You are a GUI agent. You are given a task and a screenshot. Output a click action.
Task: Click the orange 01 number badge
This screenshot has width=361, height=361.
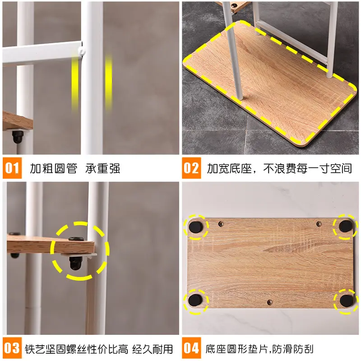click(x=12, y=168)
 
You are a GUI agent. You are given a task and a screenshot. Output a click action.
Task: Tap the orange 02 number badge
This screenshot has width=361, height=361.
click(x=191, y=168)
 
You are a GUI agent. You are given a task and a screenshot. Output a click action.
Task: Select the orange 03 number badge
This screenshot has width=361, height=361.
click(x=12, y=348)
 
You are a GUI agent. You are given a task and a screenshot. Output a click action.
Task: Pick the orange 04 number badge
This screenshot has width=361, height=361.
click(x=191, y=348)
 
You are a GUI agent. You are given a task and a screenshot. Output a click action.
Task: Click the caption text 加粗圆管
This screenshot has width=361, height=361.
click(x=54, y=168)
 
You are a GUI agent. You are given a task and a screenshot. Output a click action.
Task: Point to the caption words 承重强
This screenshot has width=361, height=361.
click(x=103, y=168)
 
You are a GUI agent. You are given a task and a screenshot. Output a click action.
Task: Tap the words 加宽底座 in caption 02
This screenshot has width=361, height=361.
click(x=229, y=168)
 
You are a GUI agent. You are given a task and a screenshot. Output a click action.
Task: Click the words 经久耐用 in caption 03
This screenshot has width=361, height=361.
click(x=153, y=349)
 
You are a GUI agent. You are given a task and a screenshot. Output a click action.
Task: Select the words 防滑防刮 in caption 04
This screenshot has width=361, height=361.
click(x=293, y=349)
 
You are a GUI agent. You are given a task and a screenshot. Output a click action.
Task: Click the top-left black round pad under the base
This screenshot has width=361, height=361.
click(x=196, y=227)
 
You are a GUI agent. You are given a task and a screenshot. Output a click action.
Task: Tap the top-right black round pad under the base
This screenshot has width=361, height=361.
click(x=346, y=226)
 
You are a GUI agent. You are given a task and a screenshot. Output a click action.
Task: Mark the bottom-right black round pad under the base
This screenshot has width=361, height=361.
click(x=347, y=301)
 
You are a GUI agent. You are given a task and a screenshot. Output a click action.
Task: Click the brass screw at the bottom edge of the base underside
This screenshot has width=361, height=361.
click(x=270, y=302)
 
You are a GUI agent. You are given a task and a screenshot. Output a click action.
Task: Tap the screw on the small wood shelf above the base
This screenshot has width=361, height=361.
click(x=235, y=5)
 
